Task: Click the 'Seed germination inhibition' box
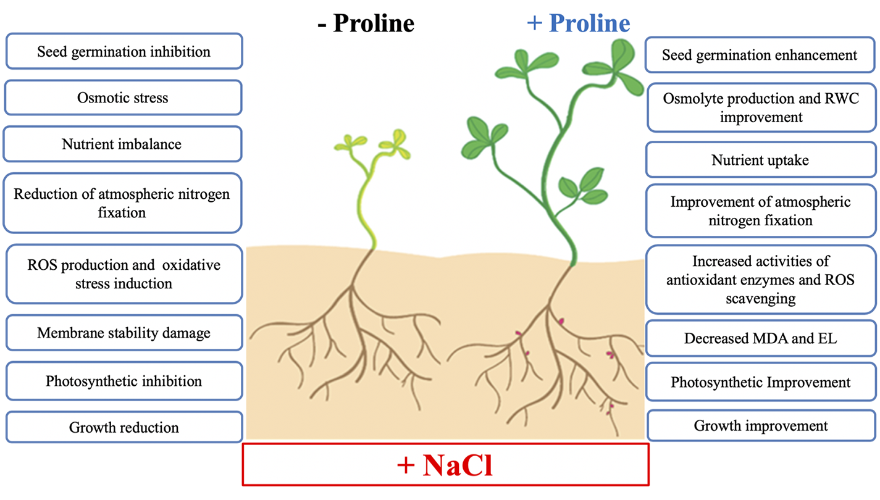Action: coord(124,51)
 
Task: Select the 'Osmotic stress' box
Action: coord(123,98)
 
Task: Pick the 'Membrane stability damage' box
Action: coord(124,333)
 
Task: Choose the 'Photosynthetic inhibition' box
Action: coord(124,381)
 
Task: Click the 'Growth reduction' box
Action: coord(124,427)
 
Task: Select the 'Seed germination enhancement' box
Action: coord(760,55)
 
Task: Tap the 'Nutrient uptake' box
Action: coord(760,160)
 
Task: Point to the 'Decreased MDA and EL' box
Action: coord(760,338)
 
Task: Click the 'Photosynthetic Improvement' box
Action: coord(760,383)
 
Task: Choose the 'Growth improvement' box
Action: coord(760,426)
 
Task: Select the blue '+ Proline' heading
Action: coord(578,23)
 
